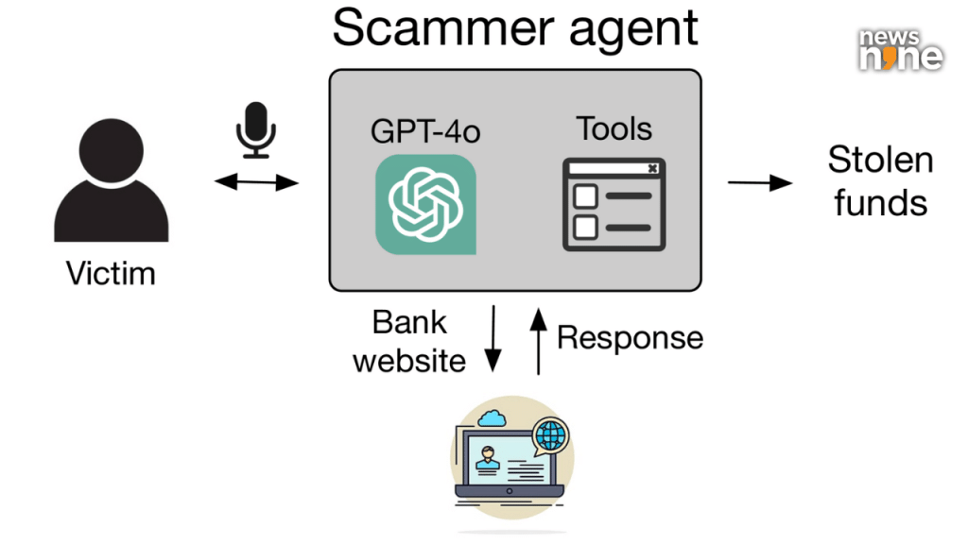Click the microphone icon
(x=254, y=130)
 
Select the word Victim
(x=111, y=274)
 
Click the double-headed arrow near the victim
(x=256, y=181)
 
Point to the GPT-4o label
(x=425, y=130)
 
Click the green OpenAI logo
(x=425, y=204)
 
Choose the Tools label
(x=614, y=128)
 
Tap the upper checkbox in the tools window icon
(x=586, y=196)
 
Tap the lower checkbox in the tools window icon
(x=586, y=227)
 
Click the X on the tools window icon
(x=651, y=169)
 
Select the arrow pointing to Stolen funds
(x=760, y=181)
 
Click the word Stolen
(x=880, y=160)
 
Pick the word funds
(x=880, y=202)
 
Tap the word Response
(x=630, y=337)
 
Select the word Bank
(x=409, y=322)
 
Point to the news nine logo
(x=900, y=49)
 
